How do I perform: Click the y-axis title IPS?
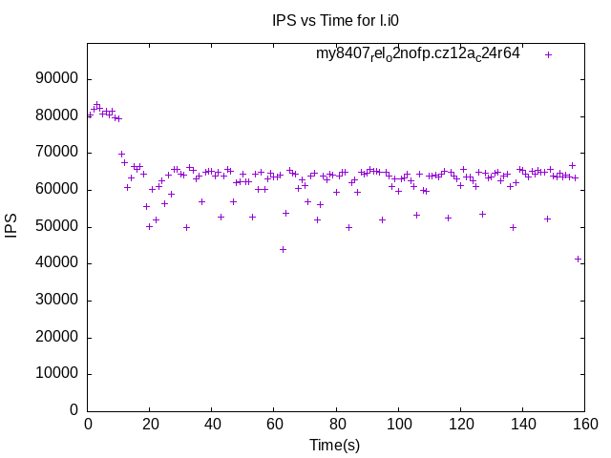click(x=11, y=226)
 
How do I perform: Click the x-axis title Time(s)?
click(x=335, y=446)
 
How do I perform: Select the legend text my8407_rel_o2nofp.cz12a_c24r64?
click(x=418, y=54)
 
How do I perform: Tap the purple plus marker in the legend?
click(x=548, y=54)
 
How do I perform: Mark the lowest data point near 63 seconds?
click(x=283, y=249)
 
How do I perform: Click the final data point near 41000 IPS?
click(x=578, y=259)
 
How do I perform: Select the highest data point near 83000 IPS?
click(x=96, y=105)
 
